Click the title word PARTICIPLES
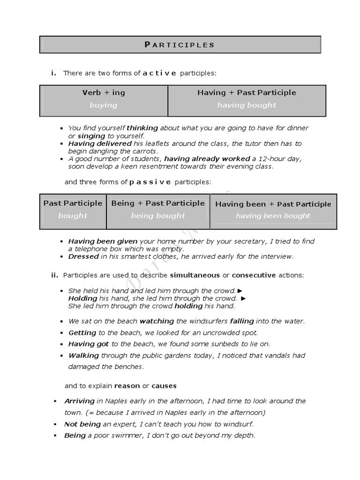180,45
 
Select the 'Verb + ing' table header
104,92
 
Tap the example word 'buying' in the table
103,105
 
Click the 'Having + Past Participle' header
247,92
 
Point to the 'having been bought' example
273,216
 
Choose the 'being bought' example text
158,216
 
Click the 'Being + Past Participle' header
158,203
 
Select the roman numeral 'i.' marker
54,73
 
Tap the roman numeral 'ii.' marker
55,275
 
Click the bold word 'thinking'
142,128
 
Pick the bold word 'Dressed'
83,256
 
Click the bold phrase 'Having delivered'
99,143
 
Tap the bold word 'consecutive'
254,275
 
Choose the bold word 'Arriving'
80,401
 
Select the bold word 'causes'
164,386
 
